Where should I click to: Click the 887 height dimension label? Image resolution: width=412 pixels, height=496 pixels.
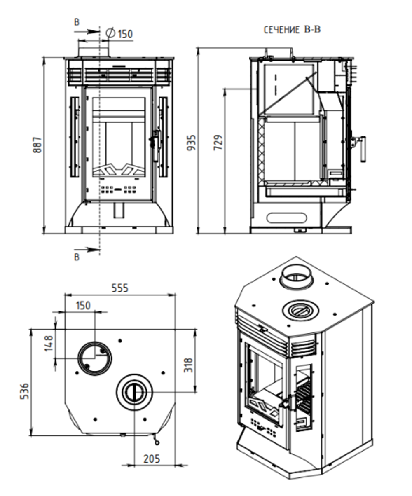37,145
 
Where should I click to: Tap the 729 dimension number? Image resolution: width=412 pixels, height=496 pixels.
218,142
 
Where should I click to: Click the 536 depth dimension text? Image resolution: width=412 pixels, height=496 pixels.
25,391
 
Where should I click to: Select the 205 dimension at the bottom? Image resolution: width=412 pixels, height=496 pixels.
151,458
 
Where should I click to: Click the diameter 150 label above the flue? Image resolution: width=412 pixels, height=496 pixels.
120,34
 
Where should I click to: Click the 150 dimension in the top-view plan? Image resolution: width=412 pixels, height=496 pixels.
83,305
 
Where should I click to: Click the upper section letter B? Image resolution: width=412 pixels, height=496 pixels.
77,23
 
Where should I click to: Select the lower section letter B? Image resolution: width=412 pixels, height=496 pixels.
77,257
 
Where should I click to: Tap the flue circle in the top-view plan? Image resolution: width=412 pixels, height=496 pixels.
95,358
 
